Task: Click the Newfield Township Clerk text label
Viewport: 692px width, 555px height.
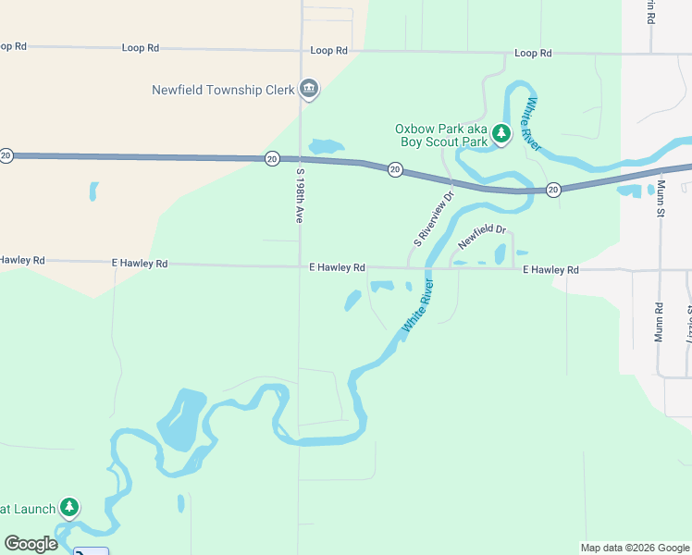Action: (x=223, y=90)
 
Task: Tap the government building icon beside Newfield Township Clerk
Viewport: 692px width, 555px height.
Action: (x=309, y=90)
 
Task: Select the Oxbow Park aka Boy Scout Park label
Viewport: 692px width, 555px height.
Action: (x=441, y=135)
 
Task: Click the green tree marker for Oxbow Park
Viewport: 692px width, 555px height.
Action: (x=501, y=135)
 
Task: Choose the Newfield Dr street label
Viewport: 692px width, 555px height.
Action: (x=482, y=237)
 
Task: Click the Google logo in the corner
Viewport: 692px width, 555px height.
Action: (x=31, y=544)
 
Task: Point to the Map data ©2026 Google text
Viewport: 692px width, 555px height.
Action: (x=635, y=548)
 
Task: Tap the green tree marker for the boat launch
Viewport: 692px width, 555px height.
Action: (x=69, y=507)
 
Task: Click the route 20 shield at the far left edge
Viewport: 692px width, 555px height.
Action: (x=6, y=154)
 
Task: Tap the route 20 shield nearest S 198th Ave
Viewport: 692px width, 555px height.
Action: (x=272, y=158)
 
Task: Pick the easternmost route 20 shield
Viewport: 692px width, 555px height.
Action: (x=553, y=190)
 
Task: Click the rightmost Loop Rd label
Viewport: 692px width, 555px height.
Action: (x=533, y=54)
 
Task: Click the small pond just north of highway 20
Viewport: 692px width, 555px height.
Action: (x=325, y=146)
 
